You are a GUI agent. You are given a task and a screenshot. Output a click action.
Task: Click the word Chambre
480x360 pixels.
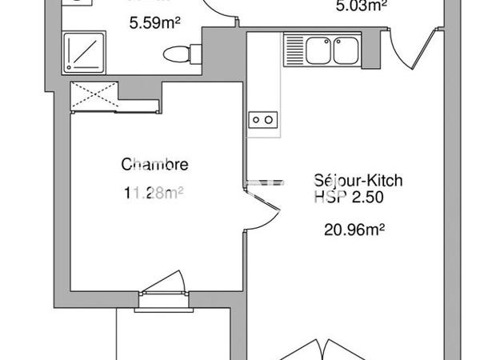pyautogui.click(x=154, y=165)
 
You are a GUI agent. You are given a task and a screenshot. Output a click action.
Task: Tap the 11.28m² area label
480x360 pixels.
pyautogui.click(x=154, y=192)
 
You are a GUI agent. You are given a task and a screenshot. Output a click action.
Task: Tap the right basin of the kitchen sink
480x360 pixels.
pyautogui.click(x=346, y=51)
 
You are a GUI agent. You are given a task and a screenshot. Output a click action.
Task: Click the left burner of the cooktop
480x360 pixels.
pyautogui.click(x=256, y=120)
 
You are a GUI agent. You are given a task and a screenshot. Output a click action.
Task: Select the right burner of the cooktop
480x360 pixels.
pyautogui.click(x=270, y=120)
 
